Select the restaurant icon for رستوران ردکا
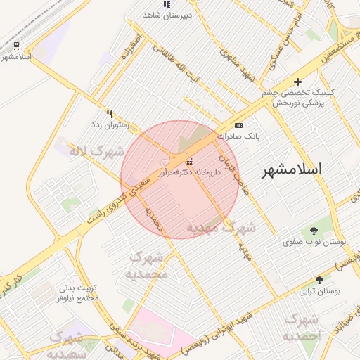click(x=109, y=113)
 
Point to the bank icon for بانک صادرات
click(x=238, y=124)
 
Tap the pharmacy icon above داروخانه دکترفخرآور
click(x=188, y=162)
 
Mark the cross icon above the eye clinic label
click(x=297, y=82)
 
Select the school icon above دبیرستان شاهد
click(x=167, y=4)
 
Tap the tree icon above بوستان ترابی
click(x=319, y=280)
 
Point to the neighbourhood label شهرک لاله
click(x=96, y=150)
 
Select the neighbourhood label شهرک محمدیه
click(x=148, y=266)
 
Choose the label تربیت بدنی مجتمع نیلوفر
click(x=78, y=292)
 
